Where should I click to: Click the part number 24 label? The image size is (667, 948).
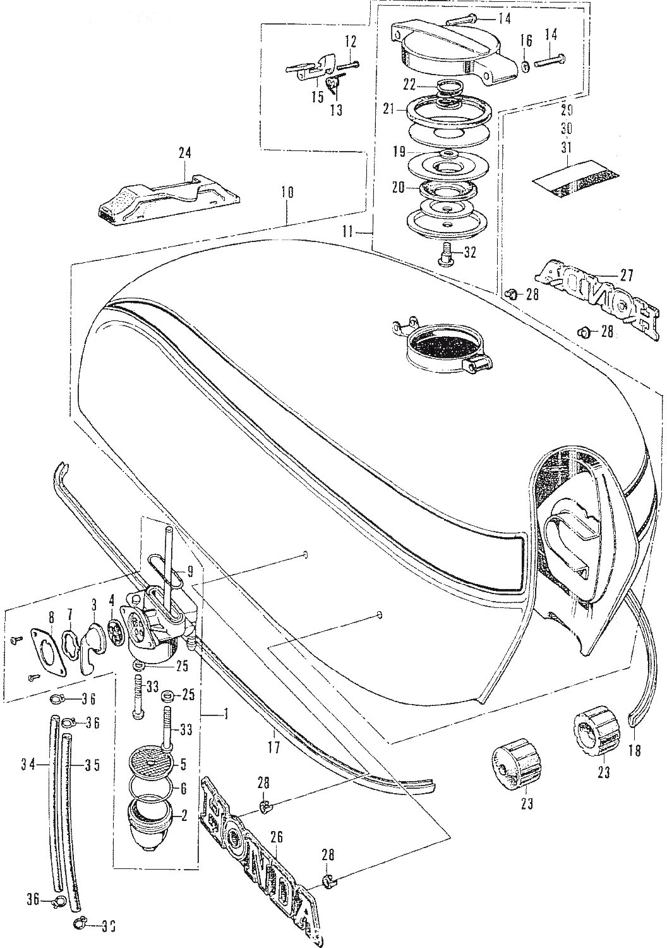tap(184, 154)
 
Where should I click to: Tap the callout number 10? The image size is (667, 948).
tap(287, 192)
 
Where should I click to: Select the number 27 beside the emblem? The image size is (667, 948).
tap(627, 275)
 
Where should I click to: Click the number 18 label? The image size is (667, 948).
tap(634, 751)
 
